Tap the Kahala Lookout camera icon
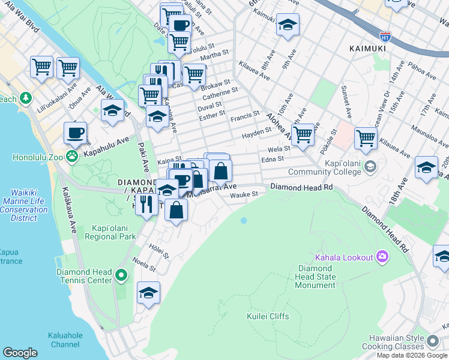(x=382, y=257)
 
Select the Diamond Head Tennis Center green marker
(x=121, y=276)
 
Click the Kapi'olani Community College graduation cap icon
(x=370, y=166)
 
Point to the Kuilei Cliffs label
(x=268, y=316)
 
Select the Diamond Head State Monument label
(x=315, y=277)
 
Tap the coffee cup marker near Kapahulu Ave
(x=75, y=133)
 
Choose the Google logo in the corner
(x=20, y=353)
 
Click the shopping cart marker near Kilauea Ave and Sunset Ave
(x=366, y=138)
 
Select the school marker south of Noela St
(x=148, y=293)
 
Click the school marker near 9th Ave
(x=288, y=25)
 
